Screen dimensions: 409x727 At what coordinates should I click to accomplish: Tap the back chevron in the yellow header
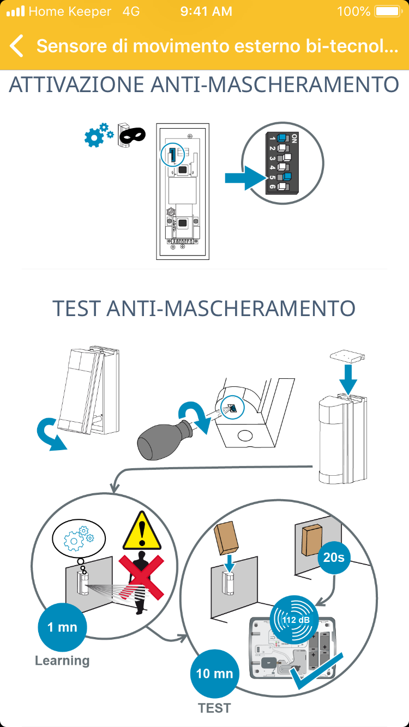point(16,46)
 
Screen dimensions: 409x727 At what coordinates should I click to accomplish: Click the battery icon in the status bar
point(388,11)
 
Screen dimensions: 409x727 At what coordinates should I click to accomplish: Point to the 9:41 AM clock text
point(206,11)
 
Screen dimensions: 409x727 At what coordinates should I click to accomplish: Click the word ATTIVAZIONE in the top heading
point(76,84)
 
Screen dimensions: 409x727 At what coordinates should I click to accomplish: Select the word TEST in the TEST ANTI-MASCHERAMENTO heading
point(77,308)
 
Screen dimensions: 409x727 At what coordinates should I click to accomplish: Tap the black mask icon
point(132,135)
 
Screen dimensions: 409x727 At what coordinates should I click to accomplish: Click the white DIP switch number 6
point(283,186)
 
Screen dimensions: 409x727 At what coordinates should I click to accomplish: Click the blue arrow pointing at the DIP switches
point(245,178)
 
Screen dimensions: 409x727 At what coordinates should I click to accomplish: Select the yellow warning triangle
point(142,531)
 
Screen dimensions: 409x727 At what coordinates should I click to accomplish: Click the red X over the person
point(141,577)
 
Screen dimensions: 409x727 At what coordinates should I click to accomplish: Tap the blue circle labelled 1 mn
point(62,627)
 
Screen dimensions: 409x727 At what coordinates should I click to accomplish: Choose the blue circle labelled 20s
point(334,558)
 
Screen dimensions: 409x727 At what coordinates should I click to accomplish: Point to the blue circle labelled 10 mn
point(215,674)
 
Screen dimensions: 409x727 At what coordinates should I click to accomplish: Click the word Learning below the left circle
point(62,661)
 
